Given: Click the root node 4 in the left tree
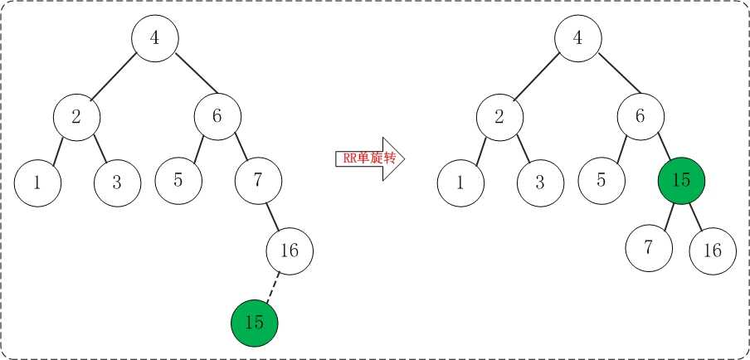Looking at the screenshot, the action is [155, 38].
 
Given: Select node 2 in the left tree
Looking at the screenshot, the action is [76, 117].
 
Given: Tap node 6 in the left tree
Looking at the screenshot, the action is [217, 117].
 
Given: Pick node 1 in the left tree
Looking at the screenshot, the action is [38, 183].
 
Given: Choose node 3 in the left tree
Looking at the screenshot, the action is [118, 183].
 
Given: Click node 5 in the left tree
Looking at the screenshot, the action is [178, 181].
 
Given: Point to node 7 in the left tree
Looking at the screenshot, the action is [258, 181].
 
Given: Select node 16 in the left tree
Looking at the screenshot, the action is [290, 251].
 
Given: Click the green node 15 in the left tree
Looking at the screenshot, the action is [254, 324].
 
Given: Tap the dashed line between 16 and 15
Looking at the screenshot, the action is [273, 287].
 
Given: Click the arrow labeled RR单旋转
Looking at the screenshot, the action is [370, 158].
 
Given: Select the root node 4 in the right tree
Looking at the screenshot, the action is [578, 38].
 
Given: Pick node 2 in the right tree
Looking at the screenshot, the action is [499, 117].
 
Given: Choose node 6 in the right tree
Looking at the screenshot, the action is [641, 117].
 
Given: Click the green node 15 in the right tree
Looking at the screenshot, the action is [682, 181].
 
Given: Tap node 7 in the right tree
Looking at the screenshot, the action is [649, 249].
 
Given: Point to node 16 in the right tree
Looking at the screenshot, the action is [713, 251].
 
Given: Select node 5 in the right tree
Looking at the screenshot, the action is [601, 181].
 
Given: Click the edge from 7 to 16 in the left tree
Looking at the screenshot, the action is [273, 216].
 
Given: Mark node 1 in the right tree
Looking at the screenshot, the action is [460, 183].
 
